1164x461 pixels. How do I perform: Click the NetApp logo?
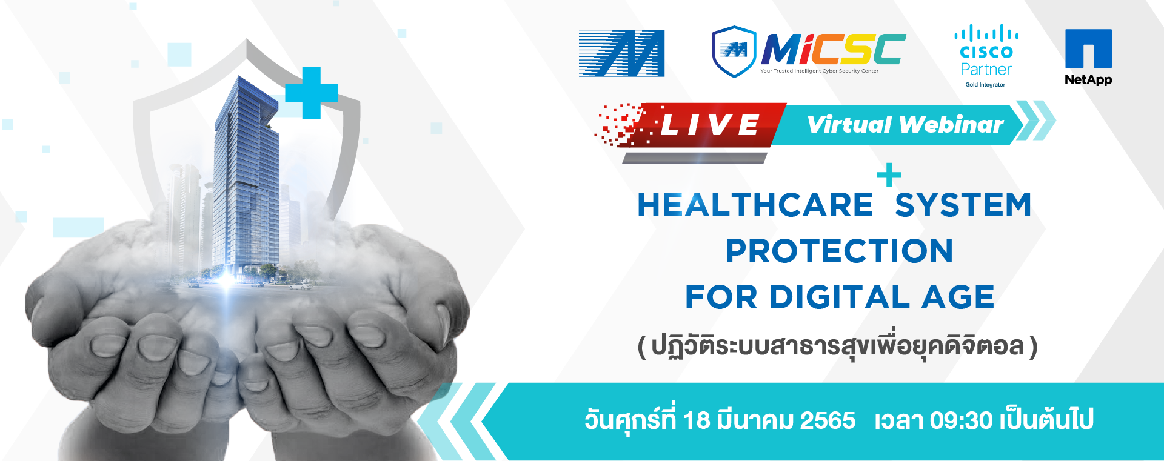click(x=1088, y=57)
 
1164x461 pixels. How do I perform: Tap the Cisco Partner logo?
click(x=986, y=56)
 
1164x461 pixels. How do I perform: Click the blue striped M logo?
click(x=621, y=53)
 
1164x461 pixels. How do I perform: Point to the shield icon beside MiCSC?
click(x=734, y=51)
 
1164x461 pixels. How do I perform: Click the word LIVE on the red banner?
click(x=709, y=125)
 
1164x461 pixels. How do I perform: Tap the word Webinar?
click(x=952, y=124)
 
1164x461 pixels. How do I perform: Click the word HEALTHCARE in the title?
click(x=755, y=205)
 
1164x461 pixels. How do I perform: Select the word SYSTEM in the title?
click(x=963, y=205)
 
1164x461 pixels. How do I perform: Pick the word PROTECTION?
click(x=840, y=251)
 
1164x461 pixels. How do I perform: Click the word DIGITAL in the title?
click(x=840, y=297)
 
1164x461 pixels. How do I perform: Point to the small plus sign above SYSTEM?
click(x=889, y=175)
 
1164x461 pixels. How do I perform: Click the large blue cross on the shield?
click(x=311, y=93)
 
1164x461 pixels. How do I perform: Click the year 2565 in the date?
click(x=828, y=420)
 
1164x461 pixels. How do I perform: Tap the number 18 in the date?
click(x=696, y=420)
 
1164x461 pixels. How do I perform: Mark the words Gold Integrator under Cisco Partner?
click(x=985, y=85)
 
